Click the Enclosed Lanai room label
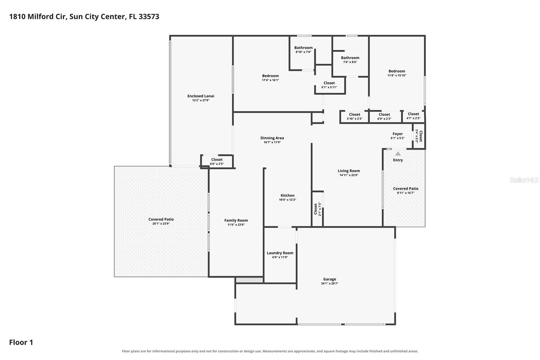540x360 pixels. click(x=200, y=96)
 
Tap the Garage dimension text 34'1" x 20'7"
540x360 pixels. click(x=329, y=284)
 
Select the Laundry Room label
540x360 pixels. click(x=280, y=253)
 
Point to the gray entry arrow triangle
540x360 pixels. click(x=398, y=153)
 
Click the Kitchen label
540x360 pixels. click(x=287, y=196)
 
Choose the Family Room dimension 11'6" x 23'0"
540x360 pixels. click(x=236, y=225)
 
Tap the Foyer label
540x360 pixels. click(x=398, y=134)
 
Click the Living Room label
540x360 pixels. click(x=349, y=171)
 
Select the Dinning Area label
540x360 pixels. click(x=272, y=138)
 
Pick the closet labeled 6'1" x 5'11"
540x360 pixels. click(x=329, y=85)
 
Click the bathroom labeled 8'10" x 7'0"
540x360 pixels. click(x=303, y=49)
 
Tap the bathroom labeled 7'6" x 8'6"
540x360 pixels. click(x=350, y=59)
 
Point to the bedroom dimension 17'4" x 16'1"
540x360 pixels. click(x=270, y=80)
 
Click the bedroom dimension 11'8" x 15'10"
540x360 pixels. click(x=397, y=75)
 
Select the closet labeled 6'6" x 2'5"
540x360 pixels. click(x=217, y=161)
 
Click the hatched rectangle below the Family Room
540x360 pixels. click(x=249, y=280)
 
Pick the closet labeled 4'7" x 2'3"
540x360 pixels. click(x=413, y=116)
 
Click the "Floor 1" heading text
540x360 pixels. click(x=21, y=342)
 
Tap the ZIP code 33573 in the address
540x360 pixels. click(x=149, y=17)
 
